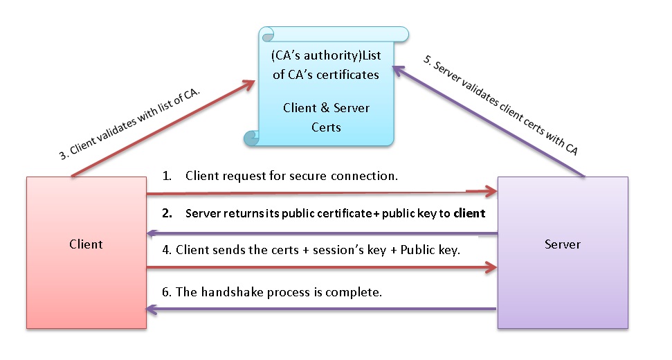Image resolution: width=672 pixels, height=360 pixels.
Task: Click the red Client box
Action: (x=86, y=277)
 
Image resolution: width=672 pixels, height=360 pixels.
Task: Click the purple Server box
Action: (x=562, y=277)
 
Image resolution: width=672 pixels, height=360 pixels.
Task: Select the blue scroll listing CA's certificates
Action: (x=325, y=87)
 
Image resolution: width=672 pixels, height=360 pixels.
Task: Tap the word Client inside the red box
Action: (x=86, y=244)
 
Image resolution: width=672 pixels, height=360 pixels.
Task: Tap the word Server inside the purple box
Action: (x=562, y=244)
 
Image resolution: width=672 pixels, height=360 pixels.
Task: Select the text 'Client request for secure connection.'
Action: (x=291, y=176)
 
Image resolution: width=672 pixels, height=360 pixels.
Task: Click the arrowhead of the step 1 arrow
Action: (x=490, y=190)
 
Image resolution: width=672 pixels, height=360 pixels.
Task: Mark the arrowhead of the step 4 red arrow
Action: (x=490, y=266)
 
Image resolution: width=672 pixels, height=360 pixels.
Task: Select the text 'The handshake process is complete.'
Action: (x=279, y=292)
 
